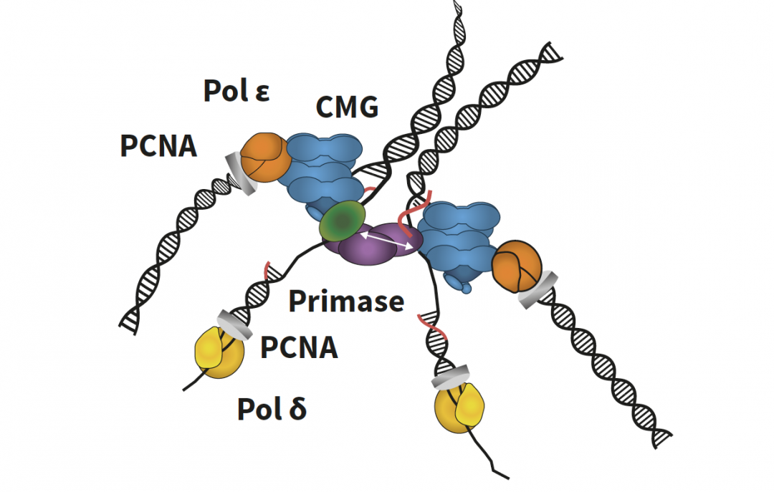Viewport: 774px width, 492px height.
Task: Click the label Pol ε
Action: click(x=236, y=91)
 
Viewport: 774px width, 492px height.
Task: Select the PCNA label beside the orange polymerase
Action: click(x=158, y=146)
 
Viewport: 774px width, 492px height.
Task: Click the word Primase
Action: click(x=345, y=302)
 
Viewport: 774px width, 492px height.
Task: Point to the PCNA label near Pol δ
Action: click(x=298, y=348)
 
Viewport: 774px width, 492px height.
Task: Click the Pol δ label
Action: click(x=272, y=410)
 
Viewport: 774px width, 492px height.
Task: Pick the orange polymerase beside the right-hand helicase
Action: click(x=517, y=264)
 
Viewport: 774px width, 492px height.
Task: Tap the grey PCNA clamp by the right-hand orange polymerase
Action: click(x=538, y=290)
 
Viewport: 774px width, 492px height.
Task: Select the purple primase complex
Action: click(x=373, y=247)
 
